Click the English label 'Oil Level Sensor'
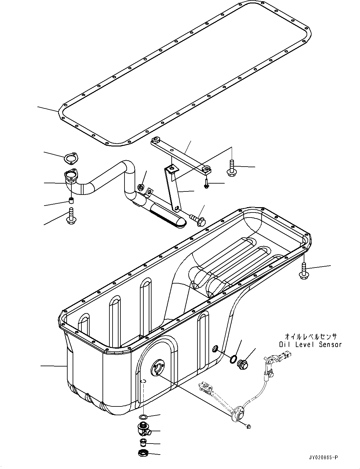coord(310,344)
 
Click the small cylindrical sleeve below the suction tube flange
coord(71,200)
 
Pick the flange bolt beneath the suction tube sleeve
coord(70,216)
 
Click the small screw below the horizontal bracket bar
coord(206,184)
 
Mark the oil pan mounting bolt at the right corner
coord(303,271)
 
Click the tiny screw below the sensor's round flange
coord(249,426)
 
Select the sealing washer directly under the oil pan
coord(143,417)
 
